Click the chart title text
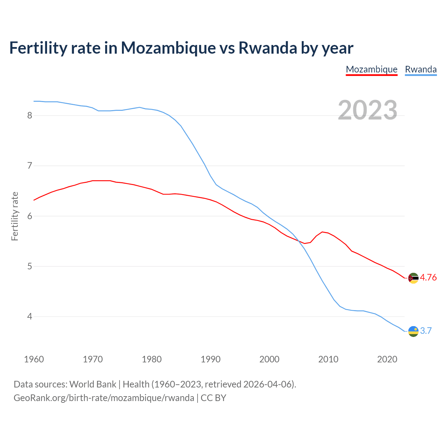click(x=181, y=48)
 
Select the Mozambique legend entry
click(x=371, y=69)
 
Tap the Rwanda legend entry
click(x=421, y=69)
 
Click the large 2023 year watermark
click(x=367, y=110)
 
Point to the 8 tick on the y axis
click(x=30, y=115)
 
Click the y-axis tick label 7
click(x=30, y=166)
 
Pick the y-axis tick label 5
click(x=30, y=267)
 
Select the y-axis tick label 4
click(x=30, y=317)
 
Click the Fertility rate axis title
click(x=15, y=216)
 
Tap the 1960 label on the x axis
click(x=34, y=359)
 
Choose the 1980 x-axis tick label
click(x=152, y=359)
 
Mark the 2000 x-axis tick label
click(x=269, y=359)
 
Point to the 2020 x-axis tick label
click(x=387, y=359)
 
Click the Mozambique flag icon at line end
click(x=413, y=278)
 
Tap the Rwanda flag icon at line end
click(x=413, y=331)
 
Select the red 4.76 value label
click(x=428, y=278)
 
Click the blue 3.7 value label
click(x=426, y=331)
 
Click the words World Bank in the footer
click(x=93, y=384)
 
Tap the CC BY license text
click(x=213, y=398)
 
